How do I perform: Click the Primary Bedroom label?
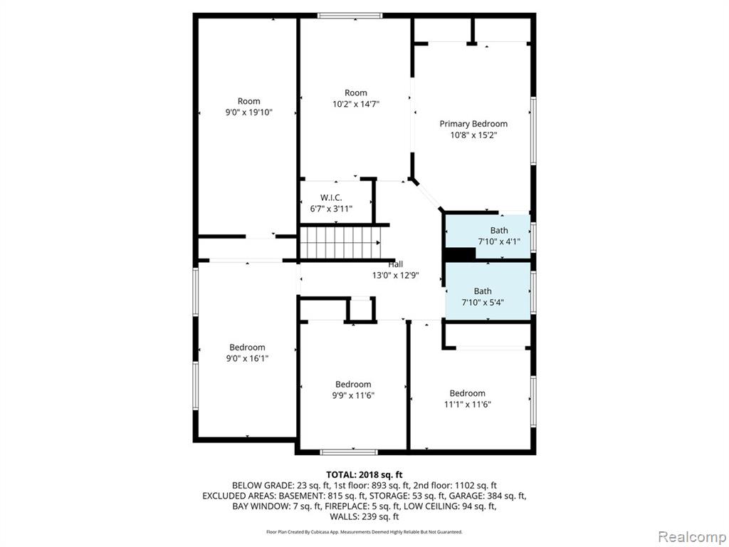473,124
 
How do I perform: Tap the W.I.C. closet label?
331,198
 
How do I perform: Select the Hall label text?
396,264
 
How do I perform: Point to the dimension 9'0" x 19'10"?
248,112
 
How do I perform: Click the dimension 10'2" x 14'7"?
356,104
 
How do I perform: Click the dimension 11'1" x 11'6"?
467,405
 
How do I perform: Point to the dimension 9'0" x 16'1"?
247,359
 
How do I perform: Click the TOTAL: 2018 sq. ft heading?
364,475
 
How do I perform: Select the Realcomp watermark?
692,536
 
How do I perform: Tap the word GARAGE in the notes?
466,496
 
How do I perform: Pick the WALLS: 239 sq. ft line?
364,516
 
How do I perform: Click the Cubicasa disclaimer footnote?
364,531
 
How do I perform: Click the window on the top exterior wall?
350,16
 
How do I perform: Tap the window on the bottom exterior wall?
349,452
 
